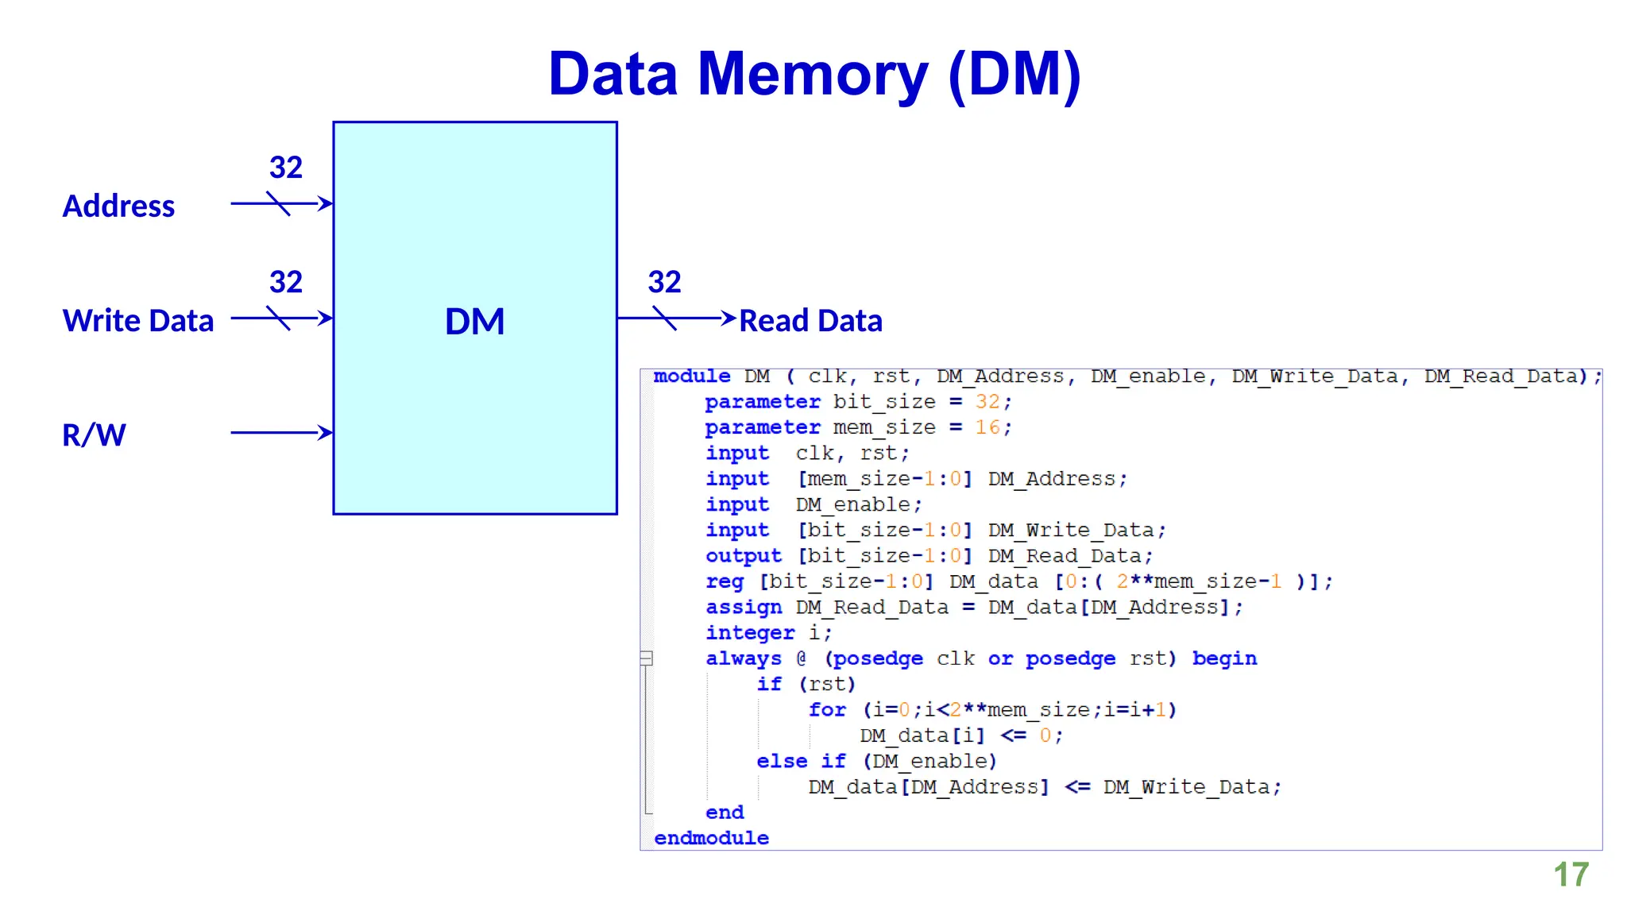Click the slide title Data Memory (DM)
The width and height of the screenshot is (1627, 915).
814,74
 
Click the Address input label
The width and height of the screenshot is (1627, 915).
118,207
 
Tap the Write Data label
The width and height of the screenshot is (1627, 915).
138,321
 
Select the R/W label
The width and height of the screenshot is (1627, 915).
94,435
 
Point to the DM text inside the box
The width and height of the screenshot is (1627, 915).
474,322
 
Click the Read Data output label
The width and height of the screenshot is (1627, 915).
810,321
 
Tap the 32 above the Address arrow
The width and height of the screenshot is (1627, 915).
286,168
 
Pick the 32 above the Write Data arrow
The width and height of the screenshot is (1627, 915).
286,282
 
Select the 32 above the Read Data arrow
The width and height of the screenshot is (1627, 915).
664,282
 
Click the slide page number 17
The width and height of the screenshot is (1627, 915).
1571,874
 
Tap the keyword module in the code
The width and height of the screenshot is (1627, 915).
692,376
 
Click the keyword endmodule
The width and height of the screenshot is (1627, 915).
711,838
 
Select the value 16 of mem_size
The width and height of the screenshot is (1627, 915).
987,427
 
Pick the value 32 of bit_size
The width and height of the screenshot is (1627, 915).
987,402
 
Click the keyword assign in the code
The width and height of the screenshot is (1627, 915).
744,608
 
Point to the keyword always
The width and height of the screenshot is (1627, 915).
744,658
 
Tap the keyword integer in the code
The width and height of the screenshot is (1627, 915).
750,633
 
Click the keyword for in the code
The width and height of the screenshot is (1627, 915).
827,709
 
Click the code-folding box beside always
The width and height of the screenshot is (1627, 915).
647,658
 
